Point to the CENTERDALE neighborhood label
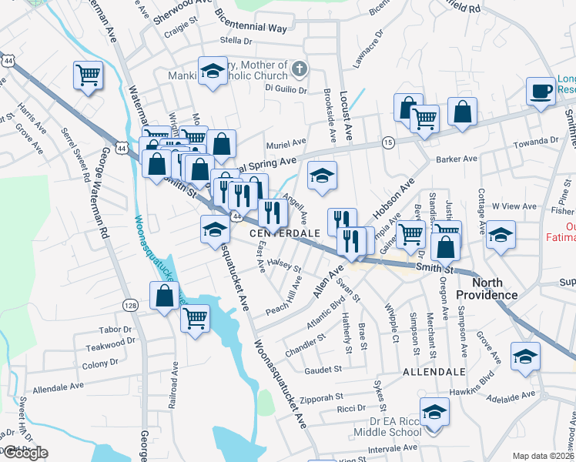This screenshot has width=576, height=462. pos(284,233)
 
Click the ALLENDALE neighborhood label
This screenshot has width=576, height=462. pos(434,371)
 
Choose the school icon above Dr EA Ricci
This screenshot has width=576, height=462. pos(434,412)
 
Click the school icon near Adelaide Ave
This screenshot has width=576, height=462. pos(526,357)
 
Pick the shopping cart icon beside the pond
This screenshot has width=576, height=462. pos(195,316)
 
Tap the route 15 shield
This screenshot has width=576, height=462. pos(388,142)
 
